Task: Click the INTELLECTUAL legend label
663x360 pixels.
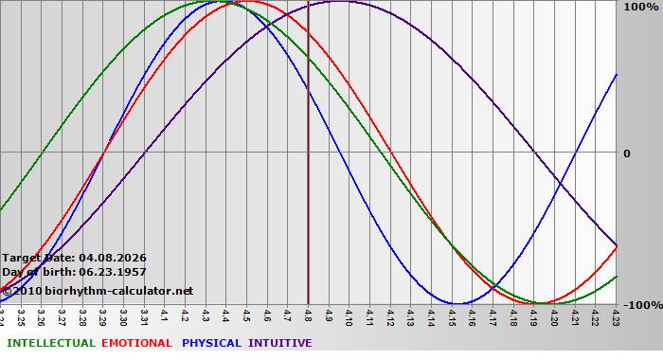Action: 51,343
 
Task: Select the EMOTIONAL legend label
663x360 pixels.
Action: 136,343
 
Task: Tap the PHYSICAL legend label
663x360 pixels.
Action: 211,343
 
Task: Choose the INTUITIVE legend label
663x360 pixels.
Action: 279,343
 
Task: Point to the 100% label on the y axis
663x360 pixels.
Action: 640,7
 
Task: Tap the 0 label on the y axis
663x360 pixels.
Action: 626,153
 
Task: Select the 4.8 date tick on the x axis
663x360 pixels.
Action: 309,315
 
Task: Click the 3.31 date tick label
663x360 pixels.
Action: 145,315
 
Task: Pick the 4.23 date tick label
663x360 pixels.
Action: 616,315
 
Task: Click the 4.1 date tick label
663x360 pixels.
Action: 166,315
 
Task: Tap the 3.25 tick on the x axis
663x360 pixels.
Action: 22,315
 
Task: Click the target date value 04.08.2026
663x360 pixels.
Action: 113,258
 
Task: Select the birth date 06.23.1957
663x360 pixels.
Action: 113,272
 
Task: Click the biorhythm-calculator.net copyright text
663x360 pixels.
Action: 97,290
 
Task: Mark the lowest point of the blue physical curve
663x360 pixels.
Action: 458,304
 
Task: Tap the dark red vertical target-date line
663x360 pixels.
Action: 309,189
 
